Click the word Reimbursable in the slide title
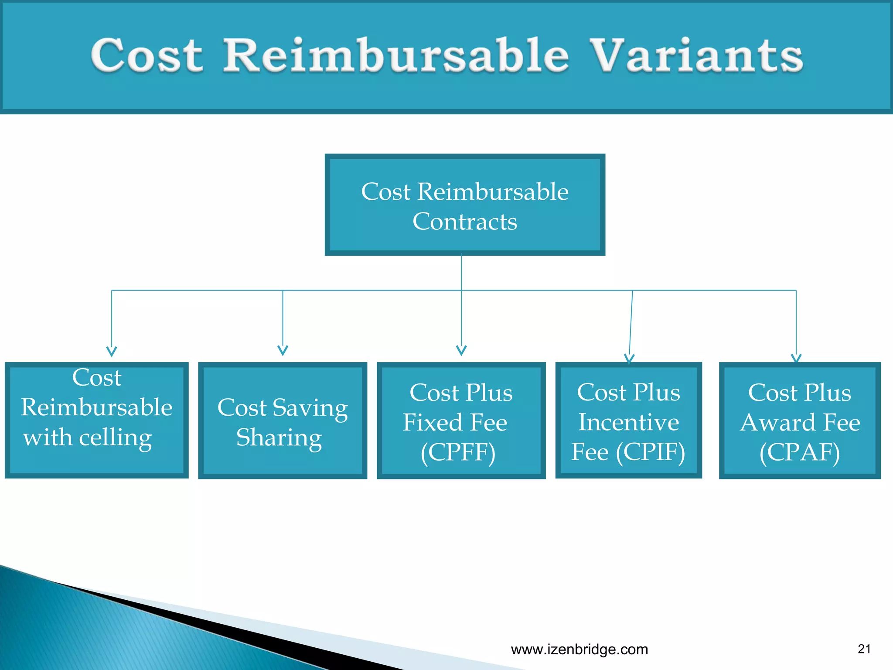(396, 55)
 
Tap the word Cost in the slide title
(147, 56)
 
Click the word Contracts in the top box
(465, 222)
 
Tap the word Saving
(310, 408)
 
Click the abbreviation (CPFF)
(458, 452)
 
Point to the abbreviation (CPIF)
(651, 452)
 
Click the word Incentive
(628, 422)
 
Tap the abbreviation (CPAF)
(799, 452)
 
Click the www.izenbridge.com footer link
(579, 649)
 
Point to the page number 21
(864, 649)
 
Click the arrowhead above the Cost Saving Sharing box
(283, 351)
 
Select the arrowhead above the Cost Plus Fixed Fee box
(461, 351)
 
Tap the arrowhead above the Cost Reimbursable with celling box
(112, 352)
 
